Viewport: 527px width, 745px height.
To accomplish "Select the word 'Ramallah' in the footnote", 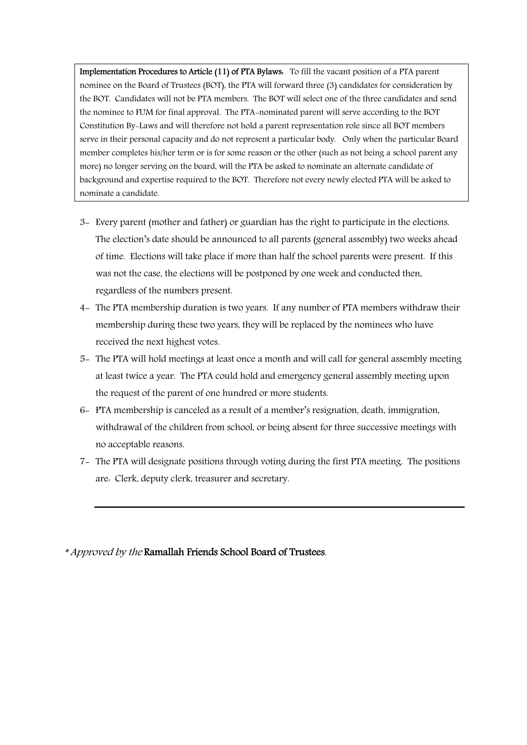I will point(164,552).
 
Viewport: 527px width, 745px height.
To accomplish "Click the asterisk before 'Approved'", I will point(67,551).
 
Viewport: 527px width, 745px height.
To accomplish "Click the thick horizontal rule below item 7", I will point(279,507).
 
